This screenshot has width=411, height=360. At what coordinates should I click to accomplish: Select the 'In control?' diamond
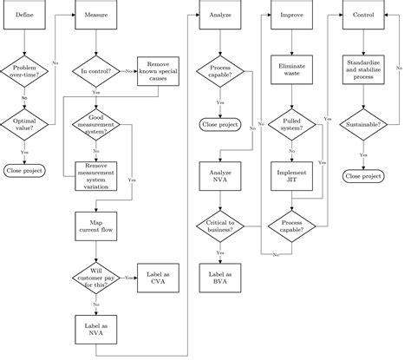(95, 70)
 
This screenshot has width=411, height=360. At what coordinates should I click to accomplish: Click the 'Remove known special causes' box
(158, 70)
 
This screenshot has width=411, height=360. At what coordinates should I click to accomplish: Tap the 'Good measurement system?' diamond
(95, 124)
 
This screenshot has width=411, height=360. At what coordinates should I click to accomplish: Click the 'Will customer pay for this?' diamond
(95, 278)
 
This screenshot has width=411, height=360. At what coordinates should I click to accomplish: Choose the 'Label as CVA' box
(158, 278)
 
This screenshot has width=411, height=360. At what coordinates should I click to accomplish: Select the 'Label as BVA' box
(219, 278)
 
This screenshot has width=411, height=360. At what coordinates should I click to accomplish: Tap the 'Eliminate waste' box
(290, 70)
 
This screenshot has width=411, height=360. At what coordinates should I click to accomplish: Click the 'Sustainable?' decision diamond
(362, 124)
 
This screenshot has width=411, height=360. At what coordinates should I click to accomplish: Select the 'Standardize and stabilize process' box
(362, 70)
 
